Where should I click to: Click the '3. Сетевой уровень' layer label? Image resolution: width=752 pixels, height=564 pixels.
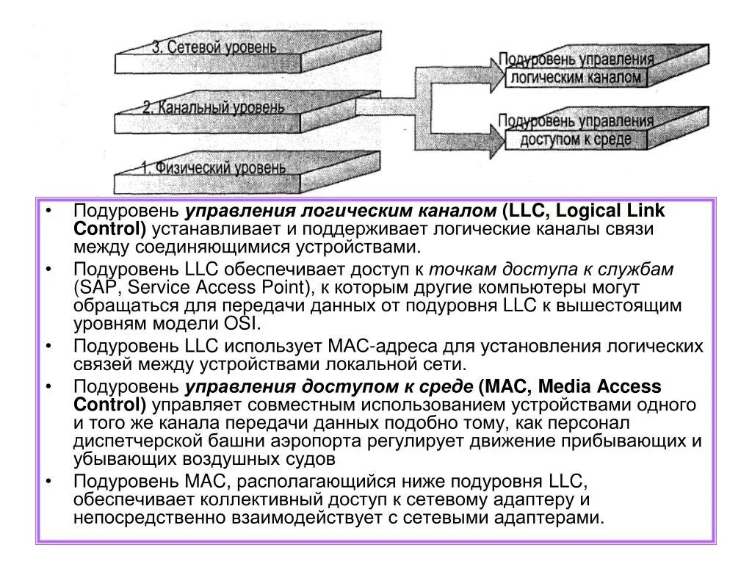(214, 48)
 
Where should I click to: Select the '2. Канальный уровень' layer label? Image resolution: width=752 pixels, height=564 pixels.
(213, 108)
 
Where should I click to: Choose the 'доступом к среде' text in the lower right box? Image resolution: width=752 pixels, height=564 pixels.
(576, 139)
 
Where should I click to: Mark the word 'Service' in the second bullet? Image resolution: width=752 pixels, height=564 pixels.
(146, 288)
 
